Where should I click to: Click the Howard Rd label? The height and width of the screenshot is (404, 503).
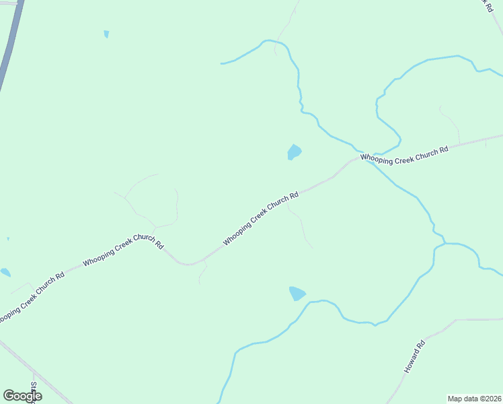(415, 358)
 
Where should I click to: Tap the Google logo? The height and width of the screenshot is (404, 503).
(22, 396)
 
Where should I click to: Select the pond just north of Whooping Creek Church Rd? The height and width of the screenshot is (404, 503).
(294, 152)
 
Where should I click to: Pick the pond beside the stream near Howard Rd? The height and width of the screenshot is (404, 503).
(297, 294)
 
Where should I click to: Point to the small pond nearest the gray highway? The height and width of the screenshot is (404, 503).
(106, 34)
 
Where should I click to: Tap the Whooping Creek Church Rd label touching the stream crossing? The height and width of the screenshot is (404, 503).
(403, 154)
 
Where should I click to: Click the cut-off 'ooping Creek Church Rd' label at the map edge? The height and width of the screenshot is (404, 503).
(30, 296)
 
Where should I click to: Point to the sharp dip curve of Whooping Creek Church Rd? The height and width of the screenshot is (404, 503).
(190, 263)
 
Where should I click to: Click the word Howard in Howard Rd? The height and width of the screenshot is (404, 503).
(412, 362)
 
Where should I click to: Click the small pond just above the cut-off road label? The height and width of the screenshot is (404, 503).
(5, 272)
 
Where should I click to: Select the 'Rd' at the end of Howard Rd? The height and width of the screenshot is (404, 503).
(422, 345)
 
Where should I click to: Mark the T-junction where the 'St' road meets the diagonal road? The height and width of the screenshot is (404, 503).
(34, 370)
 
